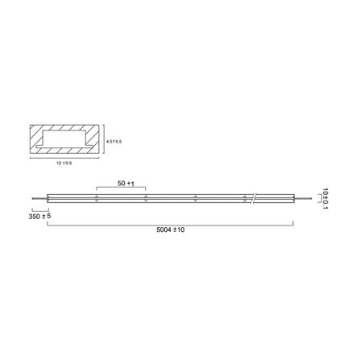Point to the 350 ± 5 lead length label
[40, 217]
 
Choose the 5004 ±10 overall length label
[169, 230]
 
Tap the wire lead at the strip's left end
[39, 197]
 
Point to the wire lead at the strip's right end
[302, 197]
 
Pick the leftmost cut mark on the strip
[97, 197]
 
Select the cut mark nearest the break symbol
[245, 197]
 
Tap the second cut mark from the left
[146, 197]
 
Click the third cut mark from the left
[196, 197]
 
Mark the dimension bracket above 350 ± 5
[39, 208]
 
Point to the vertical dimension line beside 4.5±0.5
[105, 142]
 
